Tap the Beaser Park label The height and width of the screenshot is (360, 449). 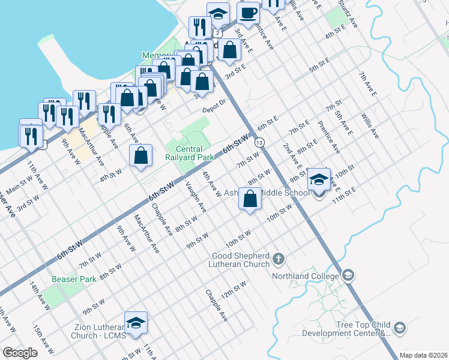click(74, 279)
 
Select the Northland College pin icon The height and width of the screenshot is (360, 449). click(348, 275)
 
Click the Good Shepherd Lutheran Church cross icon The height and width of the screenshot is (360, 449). click(278, 259)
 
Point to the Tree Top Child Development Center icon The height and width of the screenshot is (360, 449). click(400, 328)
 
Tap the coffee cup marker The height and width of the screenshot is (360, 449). click(248, 12)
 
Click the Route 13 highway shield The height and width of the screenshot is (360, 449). click(259, 143)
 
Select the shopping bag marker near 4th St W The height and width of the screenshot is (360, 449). click(140, 156)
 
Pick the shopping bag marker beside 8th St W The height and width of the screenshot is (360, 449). click(250, 199)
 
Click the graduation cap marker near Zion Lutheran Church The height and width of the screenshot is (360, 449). click(136, 323)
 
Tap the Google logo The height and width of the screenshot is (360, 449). click(20, 353)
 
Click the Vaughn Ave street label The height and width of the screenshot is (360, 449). click(196, 197)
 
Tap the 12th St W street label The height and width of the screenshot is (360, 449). click(234, 291)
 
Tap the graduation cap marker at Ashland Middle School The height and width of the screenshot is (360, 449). click(319, 179)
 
